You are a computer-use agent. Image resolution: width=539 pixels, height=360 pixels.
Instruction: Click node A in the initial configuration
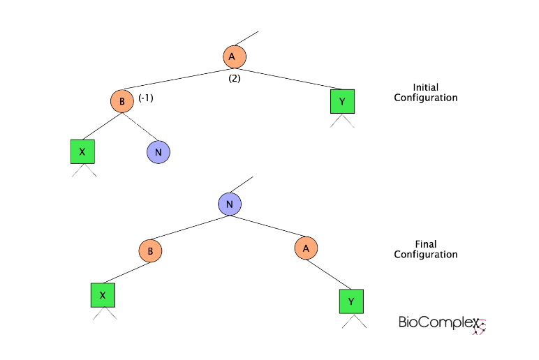235,56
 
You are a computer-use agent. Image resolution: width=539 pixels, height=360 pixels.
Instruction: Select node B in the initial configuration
121,101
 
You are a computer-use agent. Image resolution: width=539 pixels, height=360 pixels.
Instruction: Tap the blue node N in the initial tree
158,151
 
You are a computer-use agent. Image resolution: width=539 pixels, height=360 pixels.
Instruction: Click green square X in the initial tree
82,151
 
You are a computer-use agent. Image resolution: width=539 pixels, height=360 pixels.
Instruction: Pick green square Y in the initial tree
342,102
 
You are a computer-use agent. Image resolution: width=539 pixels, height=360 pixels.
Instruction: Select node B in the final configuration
150,250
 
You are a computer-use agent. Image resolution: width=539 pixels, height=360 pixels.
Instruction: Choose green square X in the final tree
103,295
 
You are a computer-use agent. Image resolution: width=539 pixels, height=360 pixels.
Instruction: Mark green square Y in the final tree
351,301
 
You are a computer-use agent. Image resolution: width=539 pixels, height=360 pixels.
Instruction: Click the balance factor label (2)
235,78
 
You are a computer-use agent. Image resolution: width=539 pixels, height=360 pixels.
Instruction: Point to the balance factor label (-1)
146,98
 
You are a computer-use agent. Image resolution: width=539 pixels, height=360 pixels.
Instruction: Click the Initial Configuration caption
425,93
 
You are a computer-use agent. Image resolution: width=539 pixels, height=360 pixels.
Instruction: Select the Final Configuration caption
425,250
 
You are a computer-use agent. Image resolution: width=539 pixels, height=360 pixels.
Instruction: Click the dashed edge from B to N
141,128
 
